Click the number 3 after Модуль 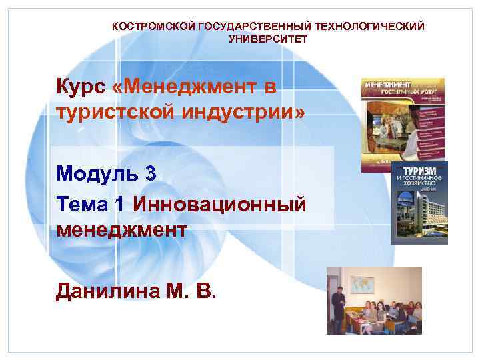pyautogui.click(x=150, y=175)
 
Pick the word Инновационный pyautogui.click(x=219, y=203)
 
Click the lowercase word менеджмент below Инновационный pyautogui.click(x=121, y=230)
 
